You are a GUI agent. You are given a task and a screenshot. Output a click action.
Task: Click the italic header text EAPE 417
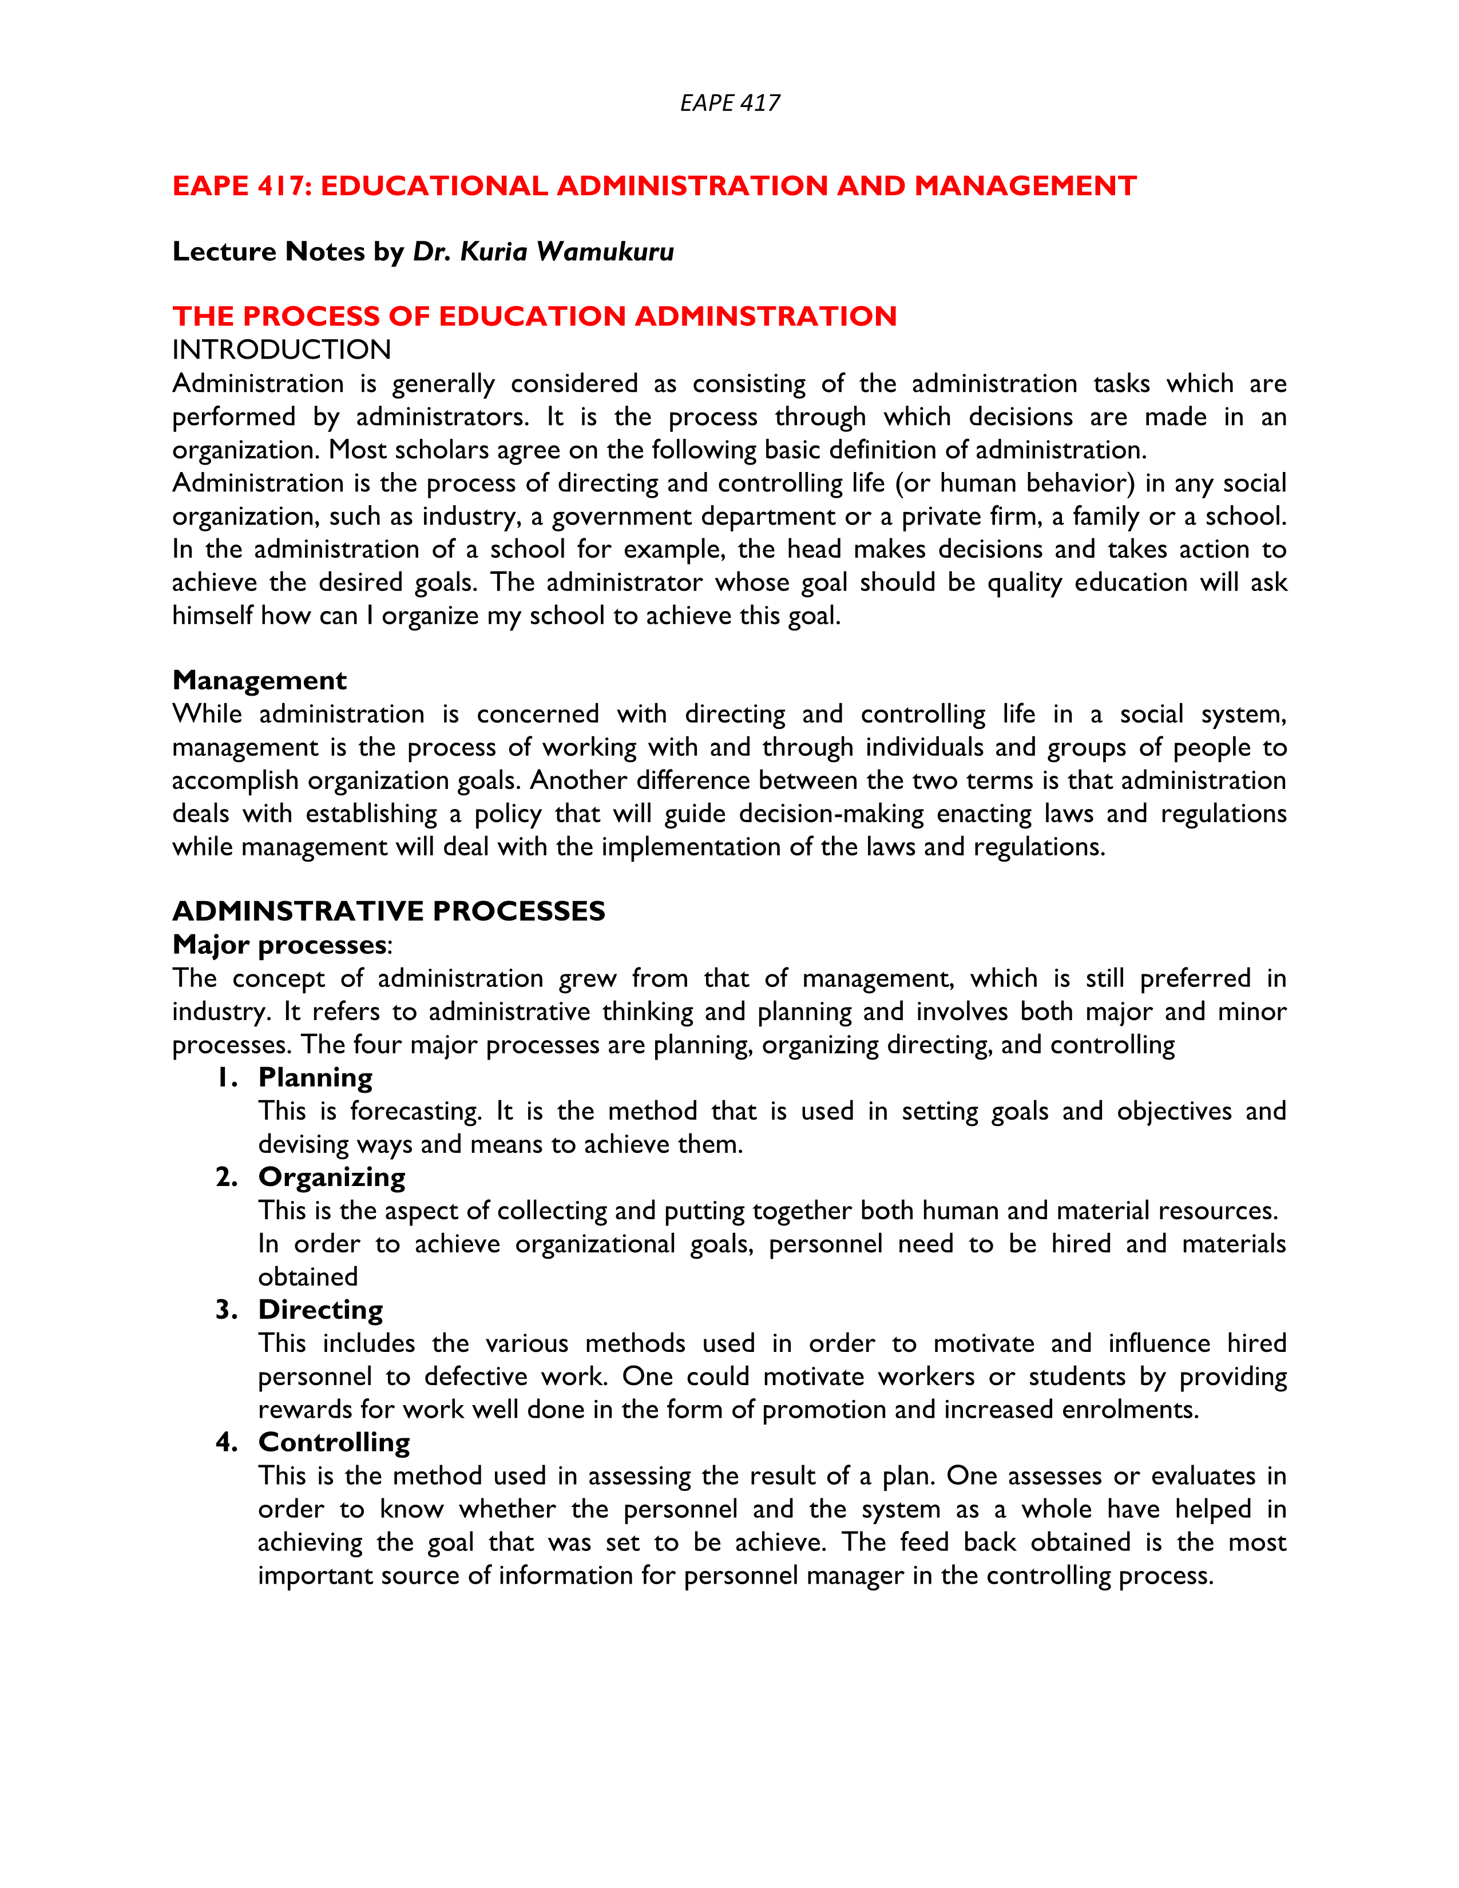(729, 103)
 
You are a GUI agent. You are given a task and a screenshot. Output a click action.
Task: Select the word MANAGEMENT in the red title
(1025, 186)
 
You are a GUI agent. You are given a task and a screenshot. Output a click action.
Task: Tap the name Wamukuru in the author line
(605, 252)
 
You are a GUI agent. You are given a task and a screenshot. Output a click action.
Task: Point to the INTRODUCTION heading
(281, 350)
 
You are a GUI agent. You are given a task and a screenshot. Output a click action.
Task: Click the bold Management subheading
(259, 680)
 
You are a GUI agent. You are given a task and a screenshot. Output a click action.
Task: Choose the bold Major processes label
(279, 945)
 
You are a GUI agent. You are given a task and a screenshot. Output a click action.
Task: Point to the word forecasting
(415, 1112)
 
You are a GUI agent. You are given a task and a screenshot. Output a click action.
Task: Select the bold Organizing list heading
(332, 1177)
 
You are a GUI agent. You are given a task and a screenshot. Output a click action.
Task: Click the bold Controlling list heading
(335, 1443)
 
